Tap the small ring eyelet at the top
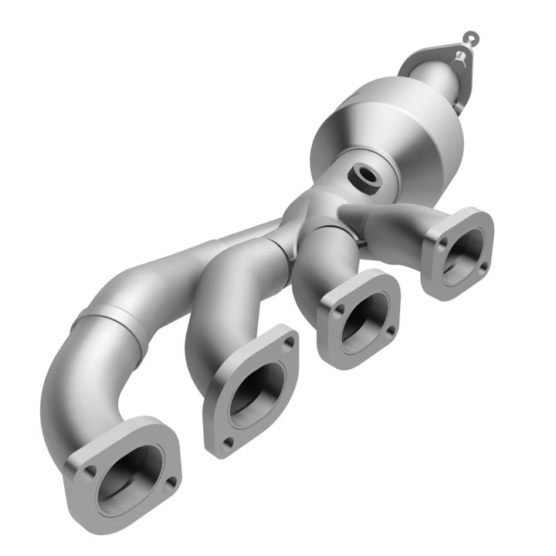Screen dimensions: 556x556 point(470,36)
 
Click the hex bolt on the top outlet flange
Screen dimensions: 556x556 point(460,55)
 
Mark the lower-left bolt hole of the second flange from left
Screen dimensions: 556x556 point(227,442)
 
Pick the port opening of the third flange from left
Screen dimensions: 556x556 point(361,317)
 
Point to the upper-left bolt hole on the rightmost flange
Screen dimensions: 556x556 point(442,241)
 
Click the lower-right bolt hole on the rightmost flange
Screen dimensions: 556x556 point(483,266)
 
